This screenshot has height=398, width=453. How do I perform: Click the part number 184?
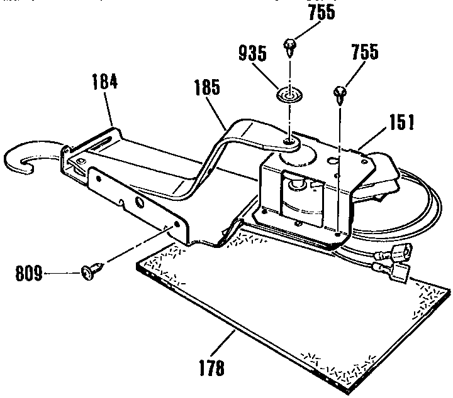[x=105, y=83]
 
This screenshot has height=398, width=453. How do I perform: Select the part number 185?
[x=208, y=88]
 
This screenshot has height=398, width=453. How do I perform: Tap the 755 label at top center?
[x=322, y=12]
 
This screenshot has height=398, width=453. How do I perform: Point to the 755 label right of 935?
[x=365, y=53]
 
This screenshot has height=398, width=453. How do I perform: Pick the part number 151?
[x=401, y=122]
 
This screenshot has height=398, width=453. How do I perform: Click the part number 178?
[x=211, y=367]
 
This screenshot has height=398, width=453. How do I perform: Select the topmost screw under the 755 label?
[x=289, y=45]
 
